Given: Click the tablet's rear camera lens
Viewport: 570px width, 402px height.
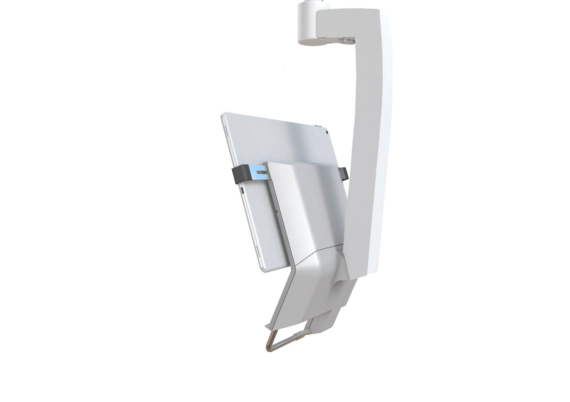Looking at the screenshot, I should point(327,133).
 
